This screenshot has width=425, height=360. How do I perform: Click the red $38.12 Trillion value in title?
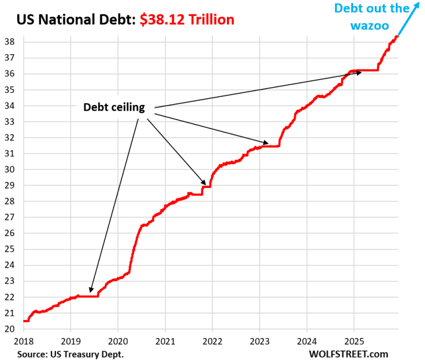(186, 20)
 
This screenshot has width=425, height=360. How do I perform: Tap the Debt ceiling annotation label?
(114, 107)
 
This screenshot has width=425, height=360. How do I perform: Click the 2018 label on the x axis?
(24, 341)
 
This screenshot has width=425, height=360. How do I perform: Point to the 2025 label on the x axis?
(354, 341)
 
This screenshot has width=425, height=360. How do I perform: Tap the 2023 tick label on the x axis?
(260, 341)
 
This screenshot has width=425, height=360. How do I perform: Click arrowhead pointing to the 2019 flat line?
(90, 289)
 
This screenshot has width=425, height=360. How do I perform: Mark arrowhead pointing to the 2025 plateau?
(359, 72)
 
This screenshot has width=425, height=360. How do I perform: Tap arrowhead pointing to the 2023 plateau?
(267, 143)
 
